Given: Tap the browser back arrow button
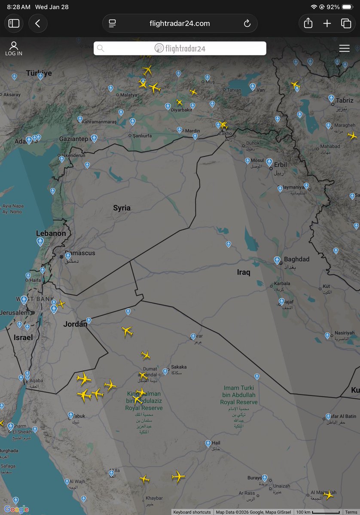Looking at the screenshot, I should coord(38,24).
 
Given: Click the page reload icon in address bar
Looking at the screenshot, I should coord(247,24).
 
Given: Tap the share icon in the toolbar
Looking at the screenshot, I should coord(308,24).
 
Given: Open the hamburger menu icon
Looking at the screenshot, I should coord(344,49).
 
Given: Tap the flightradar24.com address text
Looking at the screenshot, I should coord(180,24).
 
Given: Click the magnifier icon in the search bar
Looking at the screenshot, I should coord(101,49).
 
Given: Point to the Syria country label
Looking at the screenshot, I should coord(122,208).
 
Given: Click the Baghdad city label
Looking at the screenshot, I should coord(296,259).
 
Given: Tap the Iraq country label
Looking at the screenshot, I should coord(243,272).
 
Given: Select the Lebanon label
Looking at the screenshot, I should coord(51,233).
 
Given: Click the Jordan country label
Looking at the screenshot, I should coord(75,324).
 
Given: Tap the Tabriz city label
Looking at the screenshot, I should coord(345,100).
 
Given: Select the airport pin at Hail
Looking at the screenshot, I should coord(208,443).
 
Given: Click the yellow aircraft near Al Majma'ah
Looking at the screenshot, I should coord(328,495).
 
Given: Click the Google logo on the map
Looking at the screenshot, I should coord(16,509).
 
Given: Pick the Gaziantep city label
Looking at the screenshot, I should coord(73,139).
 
